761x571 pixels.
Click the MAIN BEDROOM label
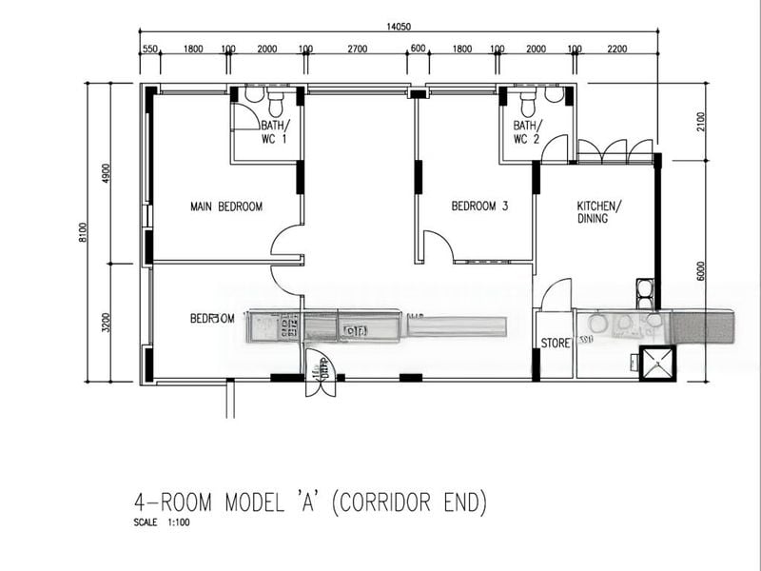[225, 207]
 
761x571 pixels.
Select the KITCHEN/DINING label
[599, 212]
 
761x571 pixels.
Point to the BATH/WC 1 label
[275, 132]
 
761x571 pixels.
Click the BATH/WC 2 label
[527, 132]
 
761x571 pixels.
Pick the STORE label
[555, 343]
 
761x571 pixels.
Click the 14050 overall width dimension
[399, 27]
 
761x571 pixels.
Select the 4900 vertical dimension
[107, 173]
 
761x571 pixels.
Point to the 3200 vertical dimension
[107, 323]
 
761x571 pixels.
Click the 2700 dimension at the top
[357, 49]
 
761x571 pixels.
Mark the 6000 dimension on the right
[700, 270]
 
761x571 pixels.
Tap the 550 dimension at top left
[149, 49]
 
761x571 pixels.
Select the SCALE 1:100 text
[163, 522]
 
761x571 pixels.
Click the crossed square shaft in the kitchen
[656, 363]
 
